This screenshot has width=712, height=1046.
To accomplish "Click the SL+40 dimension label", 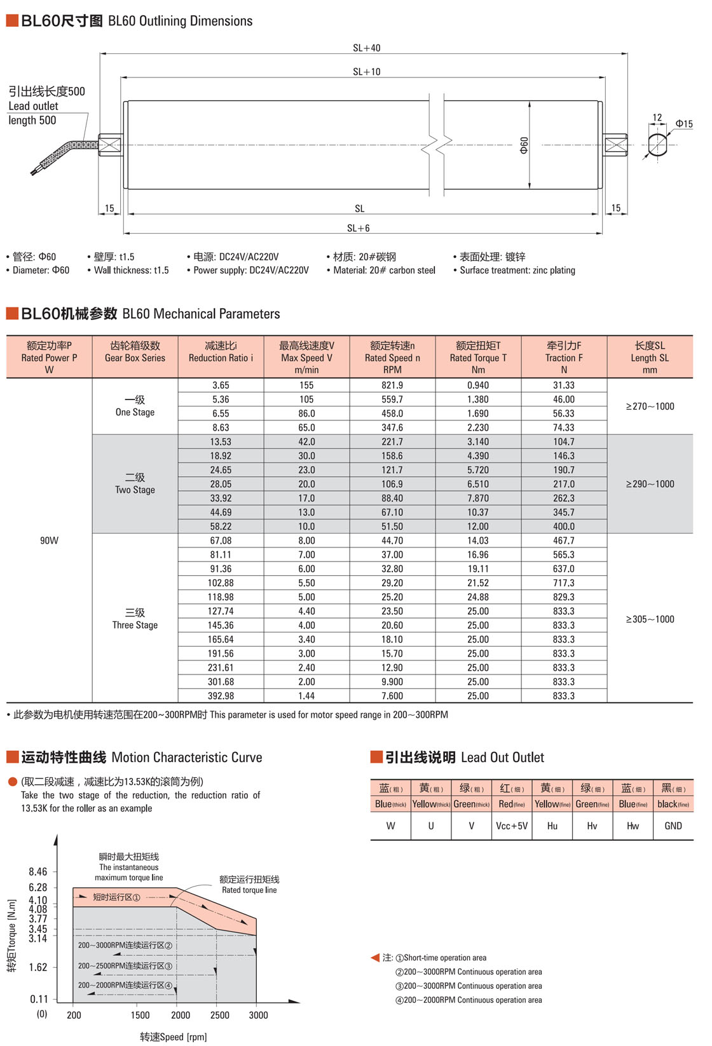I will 367,48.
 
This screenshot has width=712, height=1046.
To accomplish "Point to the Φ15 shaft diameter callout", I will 684,124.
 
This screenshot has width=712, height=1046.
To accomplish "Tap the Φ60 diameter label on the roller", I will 524,145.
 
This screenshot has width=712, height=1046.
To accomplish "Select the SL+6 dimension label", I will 359,228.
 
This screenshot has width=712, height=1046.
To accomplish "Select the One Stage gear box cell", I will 135,406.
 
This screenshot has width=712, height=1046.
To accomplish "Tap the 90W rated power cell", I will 49,540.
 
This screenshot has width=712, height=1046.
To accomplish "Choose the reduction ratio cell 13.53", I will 221,442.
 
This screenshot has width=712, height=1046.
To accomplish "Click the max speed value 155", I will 306,386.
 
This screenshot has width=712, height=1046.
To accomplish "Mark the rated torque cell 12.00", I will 478,526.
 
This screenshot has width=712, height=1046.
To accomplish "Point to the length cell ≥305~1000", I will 650,619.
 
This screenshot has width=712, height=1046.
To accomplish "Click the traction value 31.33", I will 564,386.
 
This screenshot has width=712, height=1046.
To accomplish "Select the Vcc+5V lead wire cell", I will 512,826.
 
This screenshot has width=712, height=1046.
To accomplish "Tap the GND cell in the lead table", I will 673,826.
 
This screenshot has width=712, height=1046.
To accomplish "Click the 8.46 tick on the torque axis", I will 38,872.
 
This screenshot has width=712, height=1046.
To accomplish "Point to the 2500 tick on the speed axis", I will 219,1015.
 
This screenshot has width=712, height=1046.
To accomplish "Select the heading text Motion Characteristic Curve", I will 186,757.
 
